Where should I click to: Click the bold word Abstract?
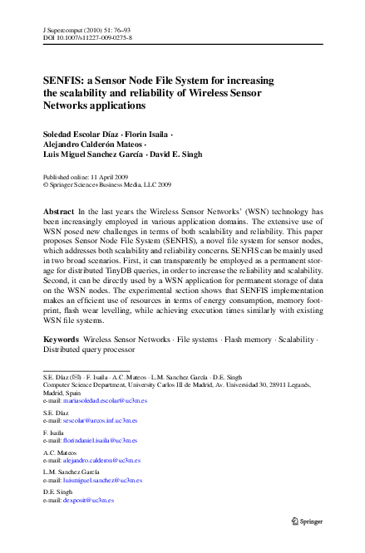click(57, 213)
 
